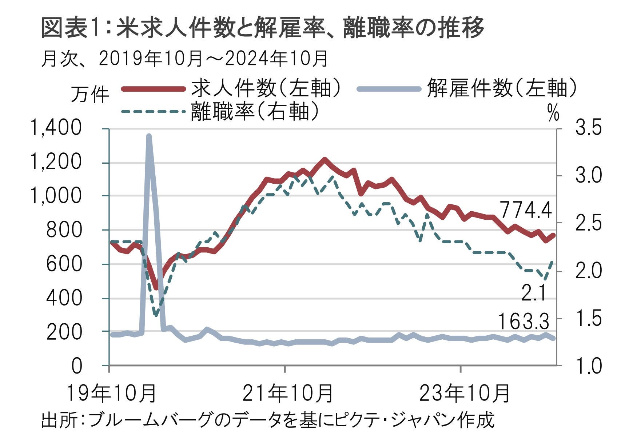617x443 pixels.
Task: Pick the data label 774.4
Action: coord(526,210)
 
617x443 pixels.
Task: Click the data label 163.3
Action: coord(523,322)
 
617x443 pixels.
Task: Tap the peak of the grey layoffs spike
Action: coord(149,136)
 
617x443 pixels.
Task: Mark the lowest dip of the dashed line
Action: coord(156,315)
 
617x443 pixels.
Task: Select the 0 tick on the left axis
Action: coord(77,366)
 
